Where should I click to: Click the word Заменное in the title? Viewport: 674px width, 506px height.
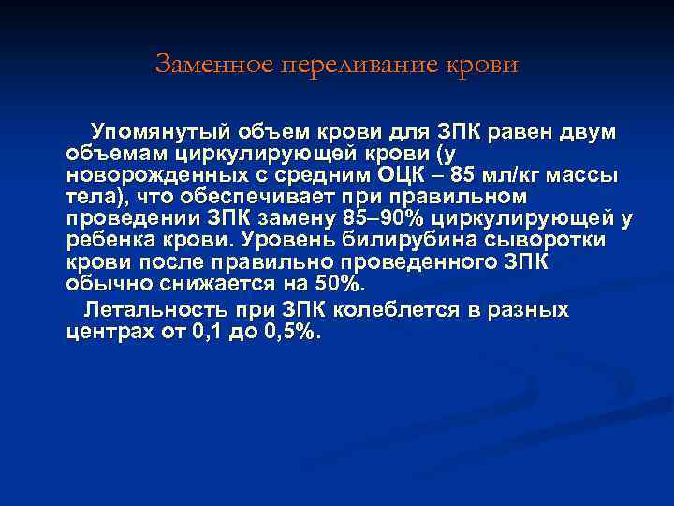(204, 65)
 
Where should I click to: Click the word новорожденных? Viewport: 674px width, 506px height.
(152, 175)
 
